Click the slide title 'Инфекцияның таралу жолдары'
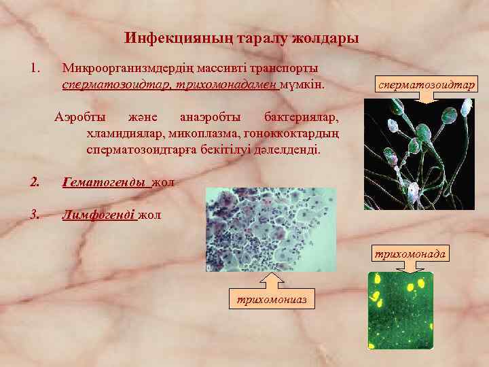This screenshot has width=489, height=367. pos(242,38)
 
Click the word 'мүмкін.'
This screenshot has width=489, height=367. pos(302,86)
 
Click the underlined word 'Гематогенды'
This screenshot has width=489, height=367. pos(104,182)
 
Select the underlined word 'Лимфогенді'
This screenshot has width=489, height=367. pos(99,215)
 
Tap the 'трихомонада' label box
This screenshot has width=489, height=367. pos(408,254)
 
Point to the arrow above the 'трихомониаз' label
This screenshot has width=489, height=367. pos(271,280)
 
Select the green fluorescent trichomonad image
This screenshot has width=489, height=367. pos(400,310)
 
